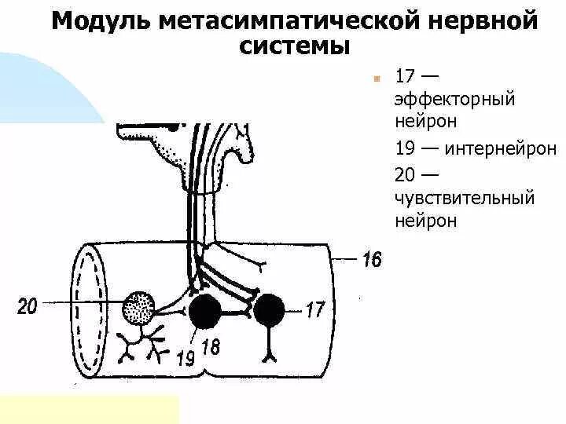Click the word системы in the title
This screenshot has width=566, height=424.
pyautogui.click(x=294, y=46)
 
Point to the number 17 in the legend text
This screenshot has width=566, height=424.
pyautogui.click(x=405, y=77)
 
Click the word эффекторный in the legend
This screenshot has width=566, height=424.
pyautogui.click(x=454, y=100)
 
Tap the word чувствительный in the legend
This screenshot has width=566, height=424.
pyautogui.click(x=465, y=197)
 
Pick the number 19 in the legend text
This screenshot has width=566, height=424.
pyautogui.click(x=405, y=148)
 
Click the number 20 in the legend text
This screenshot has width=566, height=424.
pyautogui.click(x=406, y=173)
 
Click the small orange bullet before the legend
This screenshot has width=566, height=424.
pyautogui.click(x=377, y=79)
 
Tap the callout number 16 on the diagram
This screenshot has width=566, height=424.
pyautogui.click(x=372, y=259)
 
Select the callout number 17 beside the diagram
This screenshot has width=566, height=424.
pyautogui.click(x=314, y=310)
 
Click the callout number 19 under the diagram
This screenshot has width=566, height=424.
pyautogui.click(x=185, y=358)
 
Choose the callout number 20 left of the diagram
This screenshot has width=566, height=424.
pyautogui.click(x=27, y=305)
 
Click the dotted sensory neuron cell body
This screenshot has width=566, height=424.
pyautogui.click(x=141, y=308)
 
